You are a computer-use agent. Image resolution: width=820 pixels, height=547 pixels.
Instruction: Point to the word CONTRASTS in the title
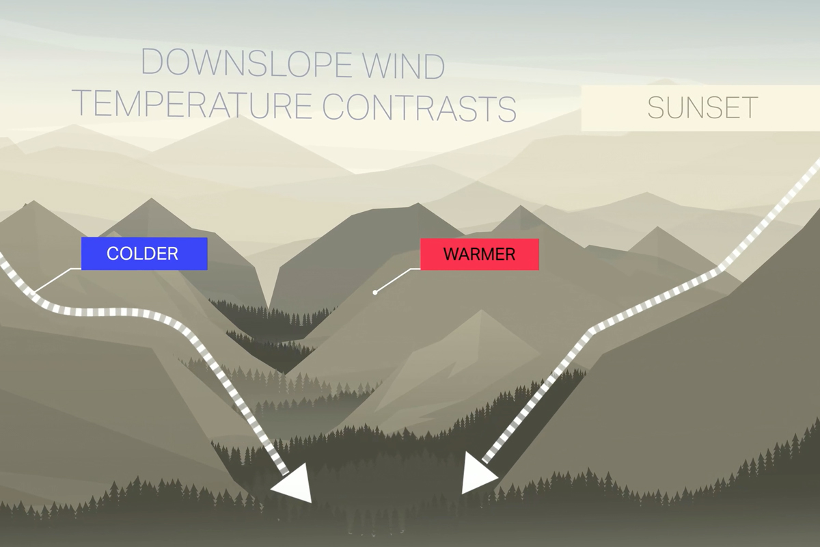[x=419, y=105]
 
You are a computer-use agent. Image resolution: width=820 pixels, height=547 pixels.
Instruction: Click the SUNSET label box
[x=701, y=108]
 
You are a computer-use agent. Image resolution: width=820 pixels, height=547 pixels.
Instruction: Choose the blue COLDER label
[x=143, y=254]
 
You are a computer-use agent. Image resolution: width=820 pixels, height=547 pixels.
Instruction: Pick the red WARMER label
[x=479, y=254]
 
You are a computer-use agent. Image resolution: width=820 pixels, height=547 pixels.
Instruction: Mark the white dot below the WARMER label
[x=374, y=292]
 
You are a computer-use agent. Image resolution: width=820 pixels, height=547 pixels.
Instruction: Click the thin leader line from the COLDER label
[x=55, y=280]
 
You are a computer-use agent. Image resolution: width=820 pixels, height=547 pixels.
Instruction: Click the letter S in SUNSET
[x=656, y=108]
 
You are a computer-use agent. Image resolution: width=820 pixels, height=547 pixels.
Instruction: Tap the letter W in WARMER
[x=451, y=254]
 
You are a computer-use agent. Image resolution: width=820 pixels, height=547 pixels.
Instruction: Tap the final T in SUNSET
[x=750, y=108]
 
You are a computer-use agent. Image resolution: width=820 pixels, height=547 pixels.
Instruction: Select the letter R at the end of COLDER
[x=173, y=254]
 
